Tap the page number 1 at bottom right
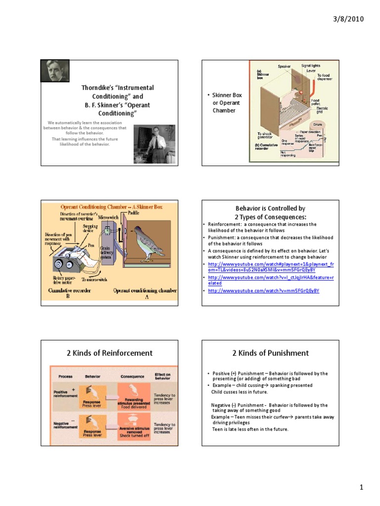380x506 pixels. (362, 488)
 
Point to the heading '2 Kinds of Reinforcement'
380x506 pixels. (109, 353)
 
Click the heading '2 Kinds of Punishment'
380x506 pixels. (270, 353)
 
